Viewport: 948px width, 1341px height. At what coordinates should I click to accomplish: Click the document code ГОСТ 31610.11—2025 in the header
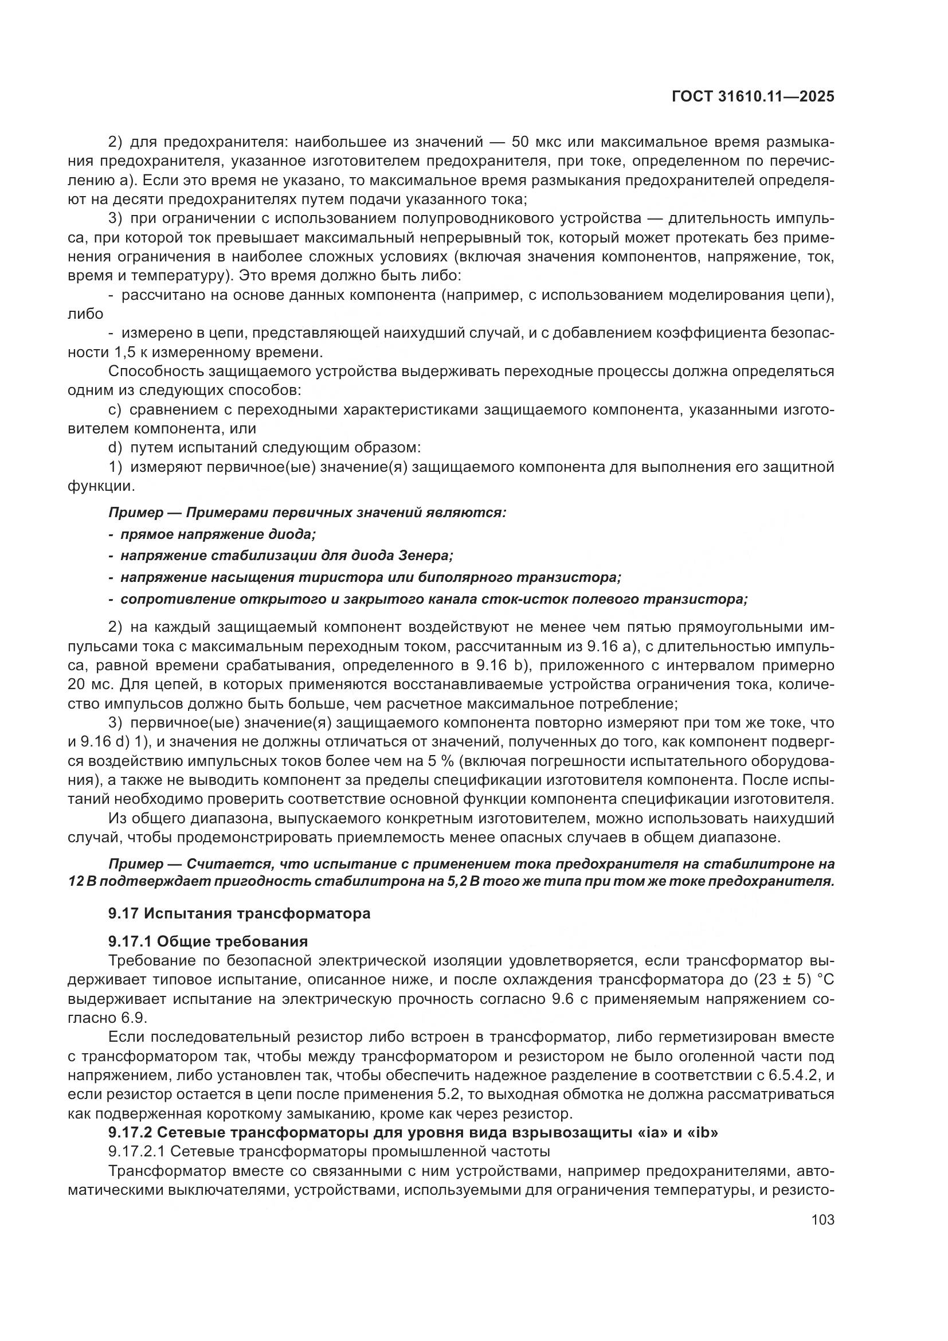click(753, 97)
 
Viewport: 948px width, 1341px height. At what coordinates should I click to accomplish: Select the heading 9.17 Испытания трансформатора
click(240, 913)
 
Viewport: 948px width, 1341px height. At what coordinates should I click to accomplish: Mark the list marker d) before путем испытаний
click(116, 448)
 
